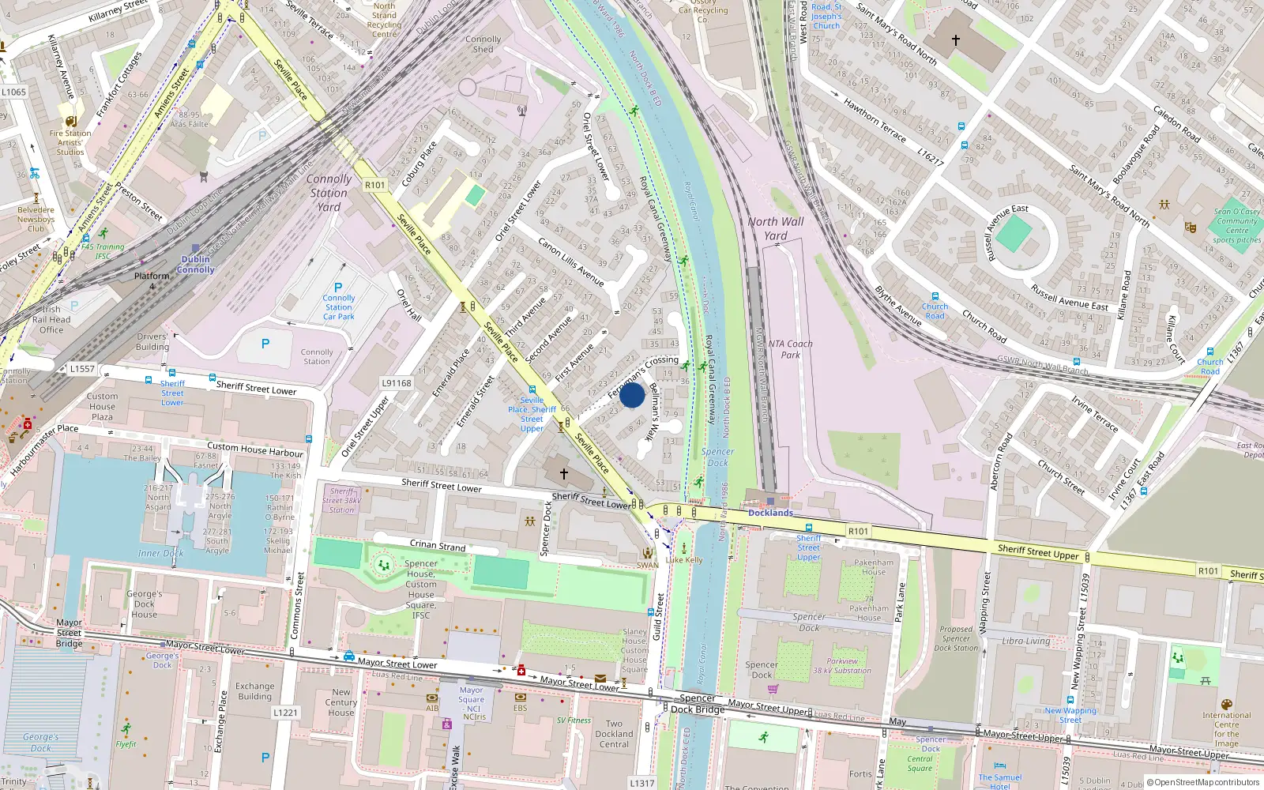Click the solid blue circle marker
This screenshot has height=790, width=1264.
[632, 395]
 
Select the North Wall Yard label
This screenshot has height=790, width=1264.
[776, 228]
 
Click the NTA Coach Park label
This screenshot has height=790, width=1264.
[790, 349]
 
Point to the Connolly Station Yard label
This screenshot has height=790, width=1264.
[329, 193]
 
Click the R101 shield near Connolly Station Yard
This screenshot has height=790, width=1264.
[375, 185]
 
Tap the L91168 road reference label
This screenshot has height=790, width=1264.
[397, 383]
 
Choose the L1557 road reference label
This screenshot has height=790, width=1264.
[82, 368]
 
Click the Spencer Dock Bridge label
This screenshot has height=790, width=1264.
[698, 703]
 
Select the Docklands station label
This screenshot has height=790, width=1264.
[770, 513]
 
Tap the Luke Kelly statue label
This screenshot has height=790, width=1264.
[684, 560]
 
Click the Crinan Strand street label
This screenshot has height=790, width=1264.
[438, 545]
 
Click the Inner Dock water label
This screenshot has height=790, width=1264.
[160, 553]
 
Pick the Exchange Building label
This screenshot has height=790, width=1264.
[254, 691]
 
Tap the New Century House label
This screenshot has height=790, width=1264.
[341, 702]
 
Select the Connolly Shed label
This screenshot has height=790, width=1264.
[483, 43]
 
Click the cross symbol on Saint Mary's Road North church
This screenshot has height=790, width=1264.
[956, 39]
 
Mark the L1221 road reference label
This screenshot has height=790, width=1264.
[285, 712]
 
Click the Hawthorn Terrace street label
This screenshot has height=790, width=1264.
[875, 119]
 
